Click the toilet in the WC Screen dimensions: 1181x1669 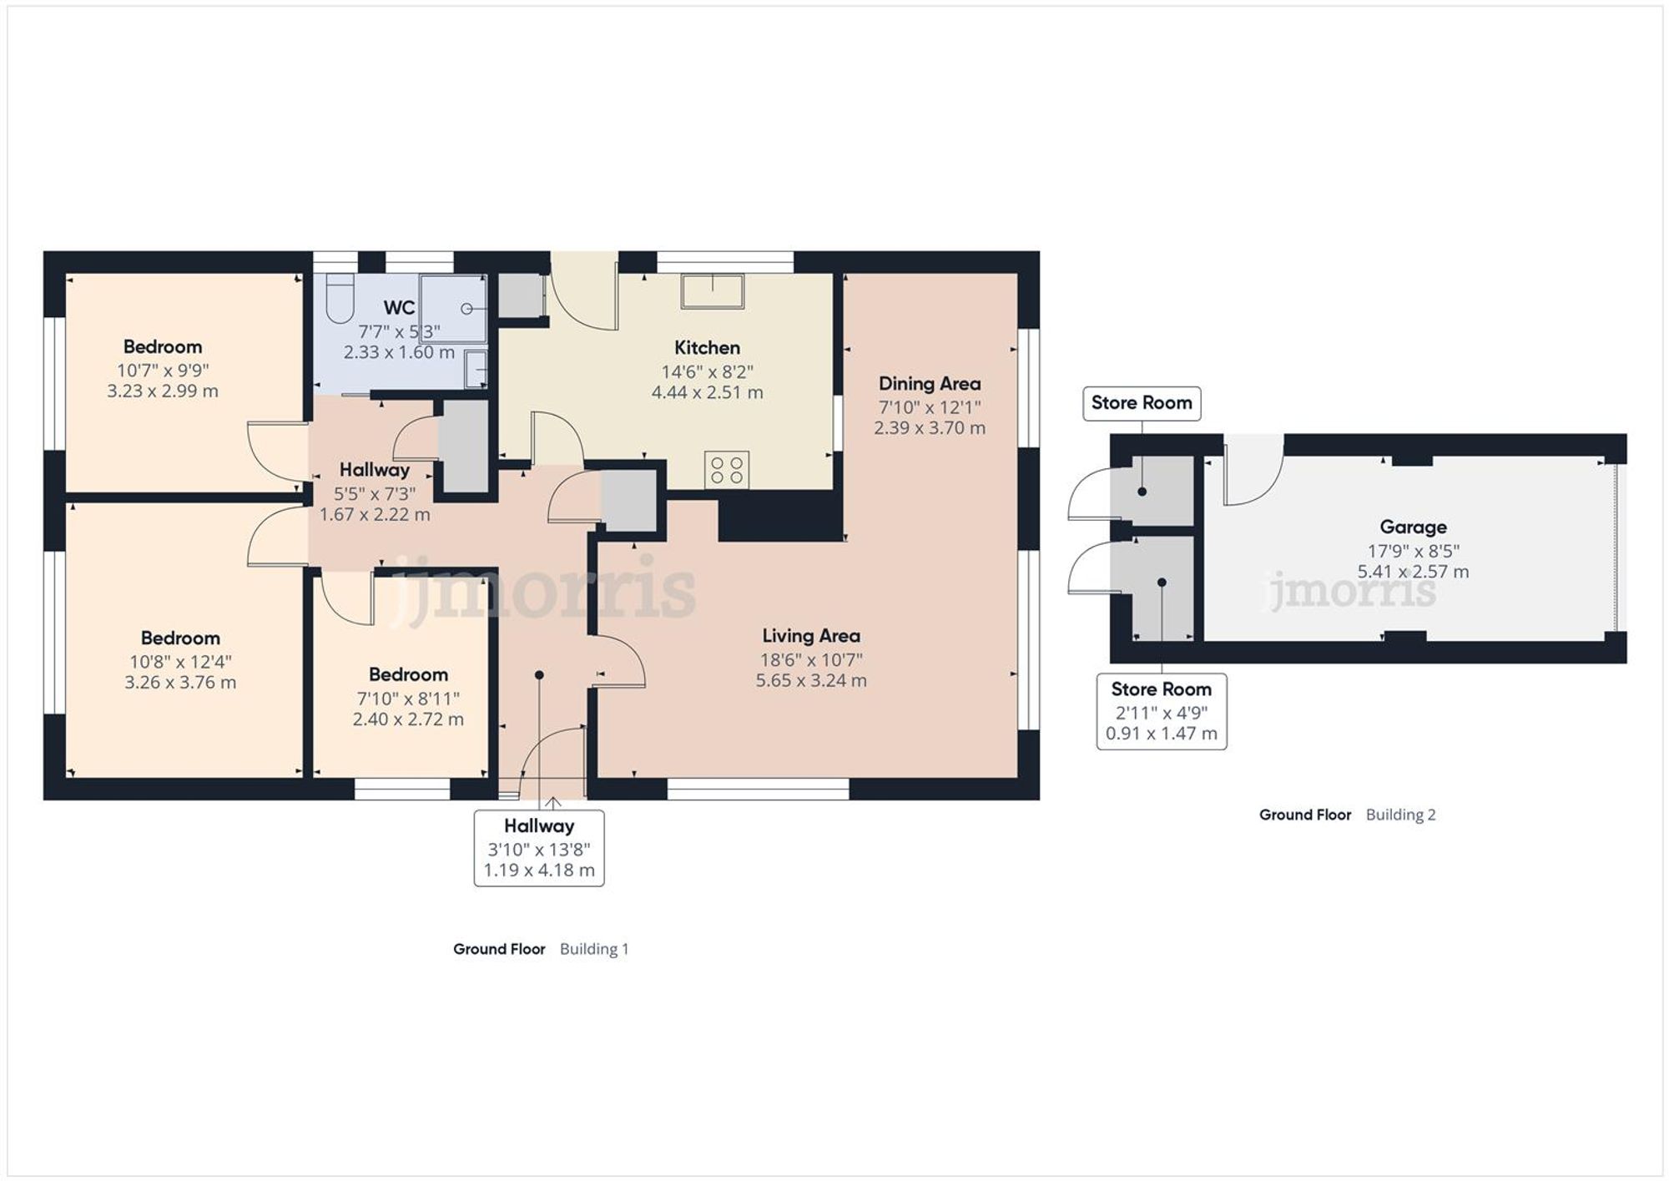click(340, 299)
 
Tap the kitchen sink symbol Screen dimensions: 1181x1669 click(712, 290)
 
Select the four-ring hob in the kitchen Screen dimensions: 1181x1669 click(726, 469)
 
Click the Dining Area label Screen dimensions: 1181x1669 click(929, 384)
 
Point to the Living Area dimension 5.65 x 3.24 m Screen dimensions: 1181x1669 click(810, 681)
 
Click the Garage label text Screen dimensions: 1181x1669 click(1412, 527)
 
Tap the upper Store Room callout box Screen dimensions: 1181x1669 click(1141, 403)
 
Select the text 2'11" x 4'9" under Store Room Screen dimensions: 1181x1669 click(1161, 713)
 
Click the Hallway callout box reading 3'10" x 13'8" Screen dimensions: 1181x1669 click(539, 848)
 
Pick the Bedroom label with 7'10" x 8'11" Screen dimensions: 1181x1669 click(408, 674)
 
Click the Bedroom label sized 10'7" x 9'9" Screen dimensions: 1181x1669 click(163, 347)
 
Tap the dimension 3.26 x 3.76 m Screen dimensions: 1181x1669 click(180, 683)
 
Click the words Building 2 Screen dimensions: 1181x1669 click(1400, 815)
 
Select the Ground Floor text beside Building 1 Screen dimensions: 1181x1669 click(499, 949)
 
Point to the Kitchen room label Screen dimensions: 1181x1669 click(707, 348)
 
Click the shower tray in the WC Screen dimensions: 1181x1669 click(453, 308)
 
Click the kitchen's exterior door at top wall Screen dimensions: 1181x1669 click(583, 292)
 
